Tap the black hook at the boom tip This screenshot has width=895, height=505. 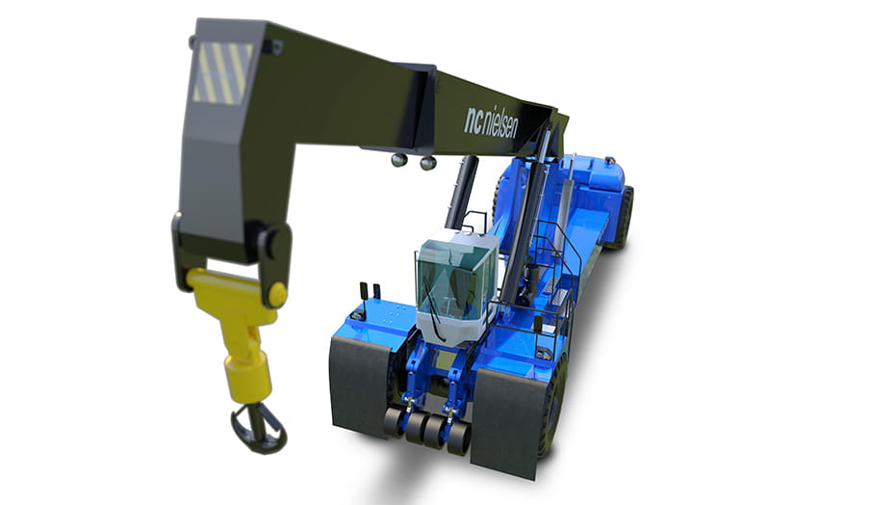pyautogui.click(x=258, y=427)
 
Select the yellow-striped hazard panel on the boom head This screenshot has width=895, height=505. pyautogui.click(x=221, y=73)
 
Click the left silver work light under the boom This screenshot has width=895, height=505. pyautogui.click(x=399, y=160)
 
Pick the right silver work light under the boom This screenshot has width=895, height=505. pyautogui.click(x=427, y=163)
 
